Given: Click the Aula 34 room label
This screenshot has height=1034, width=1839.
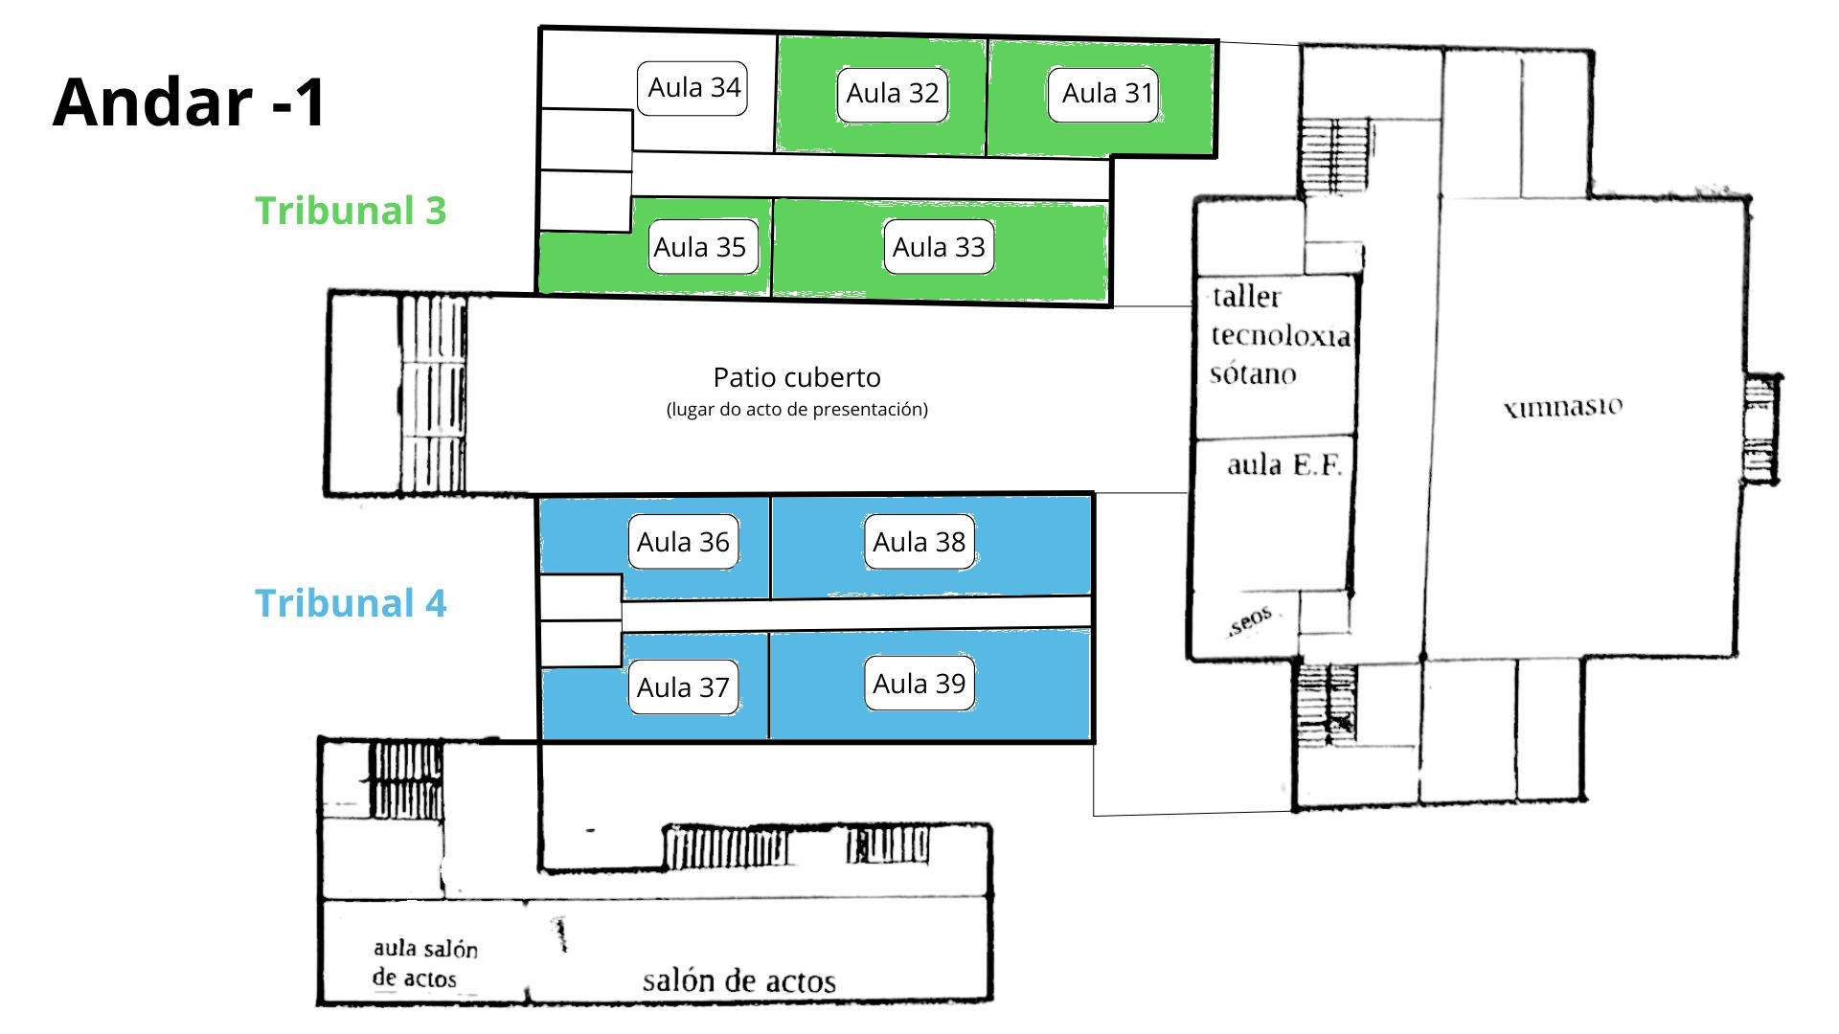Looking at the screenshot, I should point(692,88).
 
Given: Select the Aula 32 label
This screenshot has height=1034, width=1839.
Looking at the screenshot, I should point(892,94).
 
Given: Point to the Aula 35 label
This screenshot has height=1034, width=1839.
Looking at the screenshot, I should point(700,247).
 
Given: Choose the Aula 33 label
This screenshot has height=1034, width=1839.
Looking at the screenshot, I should point(938,247).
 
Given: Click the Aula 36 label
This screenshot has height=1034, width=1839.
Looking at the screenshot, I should point(683,542).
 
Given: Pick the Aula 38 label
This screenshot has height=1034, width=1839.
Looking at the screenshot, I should point(919,542).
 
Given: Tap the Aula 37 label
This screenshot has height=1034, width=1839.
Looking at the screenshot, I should point(683,686).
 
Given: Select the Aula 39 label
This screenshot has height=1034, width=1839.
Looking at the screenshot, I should point(919,683).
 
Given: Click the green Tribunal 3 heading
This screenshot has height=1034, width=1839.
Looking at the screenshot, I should point(351,211).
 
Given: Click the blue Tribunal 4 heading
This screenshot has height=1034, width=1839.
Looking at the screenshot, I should point(351,603).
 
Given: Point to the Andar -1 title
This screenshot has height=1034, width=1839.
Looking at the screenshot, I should point(190,102).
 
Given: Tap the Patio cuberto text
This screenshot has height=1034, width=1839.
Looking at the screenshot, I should point(797,377).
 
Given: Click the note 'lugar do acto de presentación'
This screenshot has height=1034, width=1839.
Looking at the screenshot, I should point(797,410).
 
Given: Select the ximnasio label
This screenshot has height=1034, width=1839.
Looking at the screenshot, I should point(1563,407).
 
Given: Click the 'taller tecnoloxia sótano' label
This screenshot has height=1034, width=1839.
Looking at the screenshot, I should point(1279,335).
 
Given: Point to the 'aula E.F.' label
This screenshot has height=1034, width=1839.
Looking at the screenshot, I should point(1283,466).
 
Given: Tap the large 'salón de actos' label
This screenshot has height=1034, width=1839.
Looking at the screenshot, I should point(738,980).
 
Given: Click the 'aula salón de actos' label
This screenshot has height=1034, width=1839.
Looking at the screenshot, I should point(424,963).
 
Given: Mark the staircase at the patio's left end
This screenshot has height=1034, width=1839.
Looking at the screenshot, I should point(433,393).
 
